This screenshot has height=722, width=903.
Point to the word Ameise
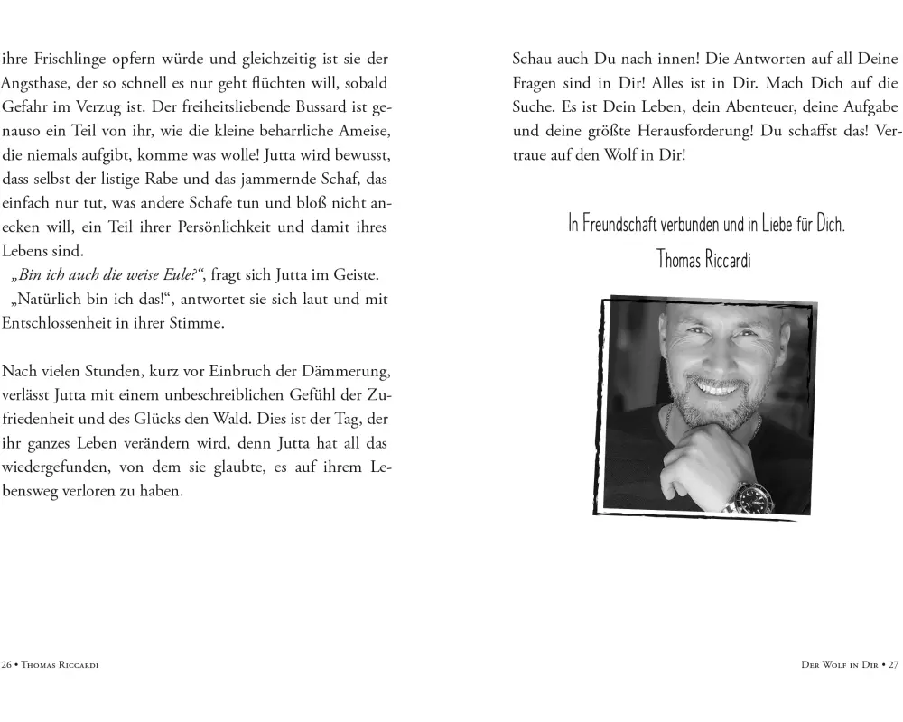click(360, 131)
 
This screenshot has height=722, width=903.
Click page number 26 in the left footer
click(8, 665)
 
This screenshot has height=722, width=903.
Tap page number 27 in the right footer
click(893, 665)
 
